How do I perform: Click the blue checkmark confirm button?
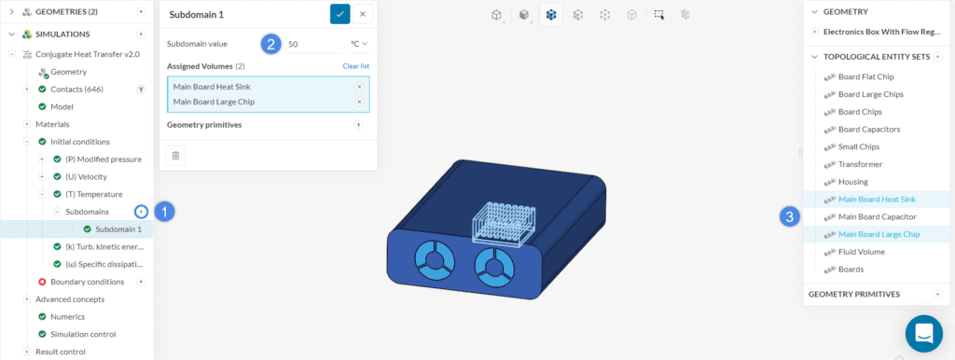tap(339, 14)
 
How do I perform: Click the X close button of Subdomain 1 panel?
tap(363, 14)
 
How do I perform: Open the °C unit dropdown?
tap(359, 44)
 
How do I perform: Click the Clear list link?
tap(355, 66)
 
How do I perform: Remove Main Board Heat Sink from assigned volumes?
tap(359, 87)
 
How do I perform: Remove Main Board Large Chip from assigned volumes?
tap(359, 102)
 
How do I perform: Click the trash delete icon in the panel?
tap(175, 156)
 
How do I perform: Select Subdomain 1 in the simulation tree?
tap(118, 229)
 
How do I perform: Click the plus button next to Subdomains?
tap(142, 212)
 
